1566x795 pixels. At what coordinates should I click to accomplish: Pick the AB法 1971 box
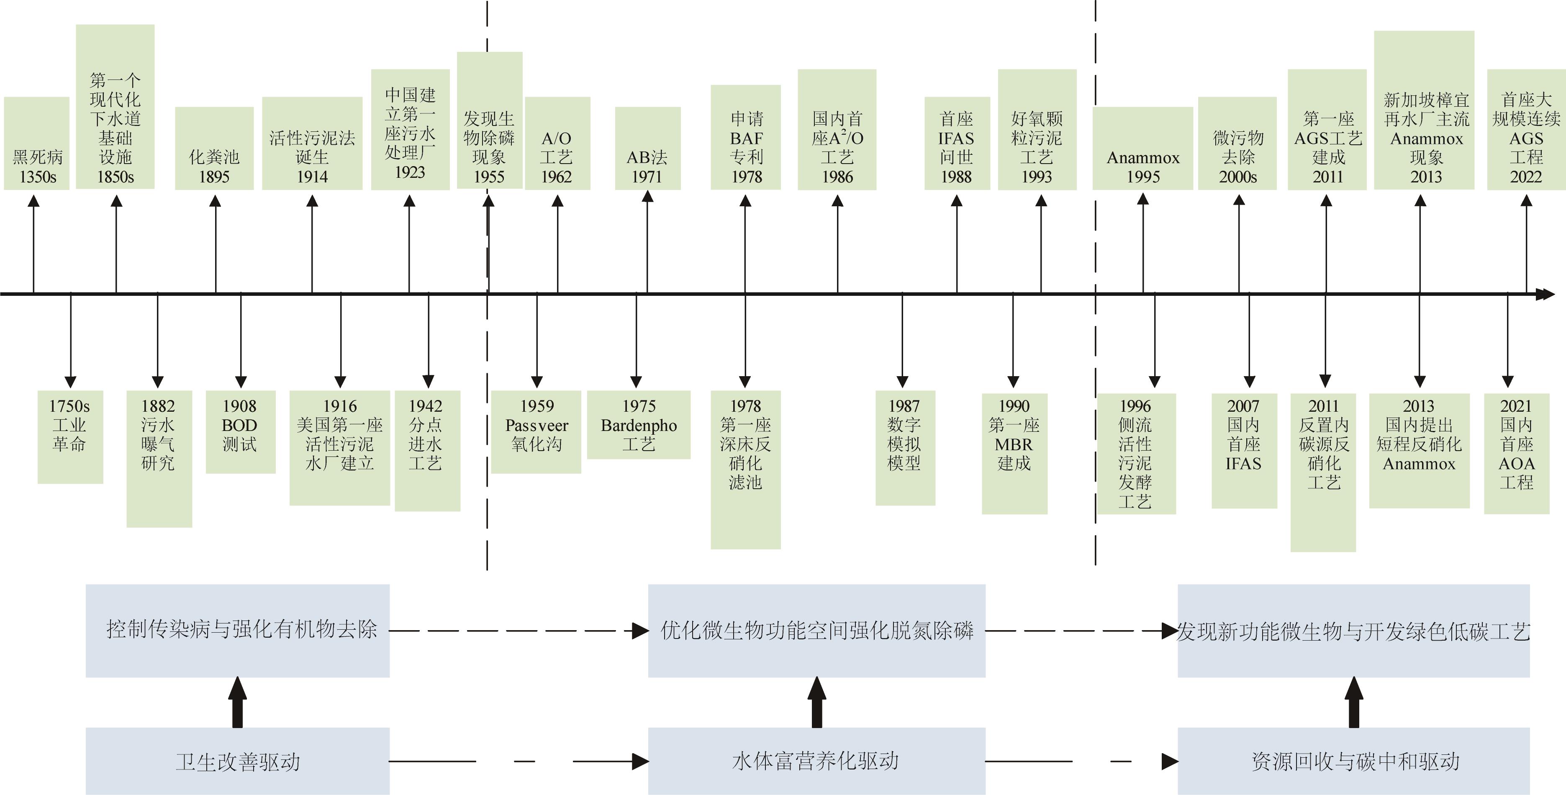647,148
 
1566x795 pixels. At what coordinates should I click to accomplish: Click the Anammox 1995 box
1142,148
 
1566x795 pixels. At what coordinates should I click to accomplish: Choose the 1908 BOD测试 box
240,431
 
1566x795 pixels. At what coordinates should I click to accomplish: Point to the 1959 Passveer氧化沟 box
536,431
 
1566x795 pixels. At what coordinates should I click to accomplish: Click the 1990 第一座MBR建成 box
1014,454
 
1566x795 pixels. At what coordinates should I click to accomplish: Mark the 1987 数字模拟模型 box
905,447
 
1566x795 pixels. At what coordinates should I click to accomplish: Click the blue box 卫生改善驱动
237,761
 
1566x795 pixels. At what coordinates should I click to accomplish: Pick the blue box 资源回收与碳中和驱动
1353,761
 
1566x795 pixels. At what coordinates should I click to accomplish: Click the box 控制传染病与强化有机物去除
237,630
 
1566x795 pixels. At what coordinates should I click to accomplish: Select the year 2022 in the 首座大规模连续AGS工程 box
1526,177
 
